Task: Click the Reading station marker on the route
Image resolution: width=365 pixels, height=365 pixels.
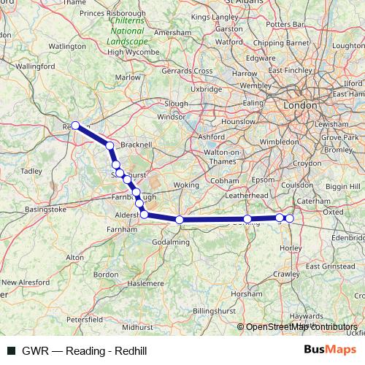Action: click(75, 126)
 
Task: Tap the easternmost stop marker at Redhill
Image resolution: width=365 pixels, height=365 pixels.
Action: click(289, 218)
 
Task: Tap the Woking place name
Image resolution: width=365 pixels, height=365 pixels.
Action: click(186, 185)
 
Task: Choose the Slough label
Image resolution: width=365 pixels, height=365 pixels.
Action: click(177, 103)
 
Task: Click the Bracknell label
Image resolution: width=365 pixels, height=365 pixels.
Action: click(137, 145)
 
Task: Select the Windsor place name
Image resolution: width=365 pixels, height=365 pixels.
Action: click(171, 117)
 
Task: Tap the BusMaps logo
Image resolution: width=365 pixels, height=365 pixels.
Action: click(328, 350)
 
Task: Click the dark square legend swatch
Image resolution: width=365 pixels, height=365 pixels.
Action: click(9, 351)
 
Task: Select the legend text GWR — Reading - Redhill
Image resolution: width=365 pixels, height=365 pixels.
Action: click(85, 351)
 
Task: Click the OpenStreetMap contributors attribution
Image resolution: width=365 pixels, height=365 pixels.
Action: click(301, 327)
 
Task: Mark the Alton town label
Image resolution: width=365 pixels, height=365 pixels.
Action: click(74, 257)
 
